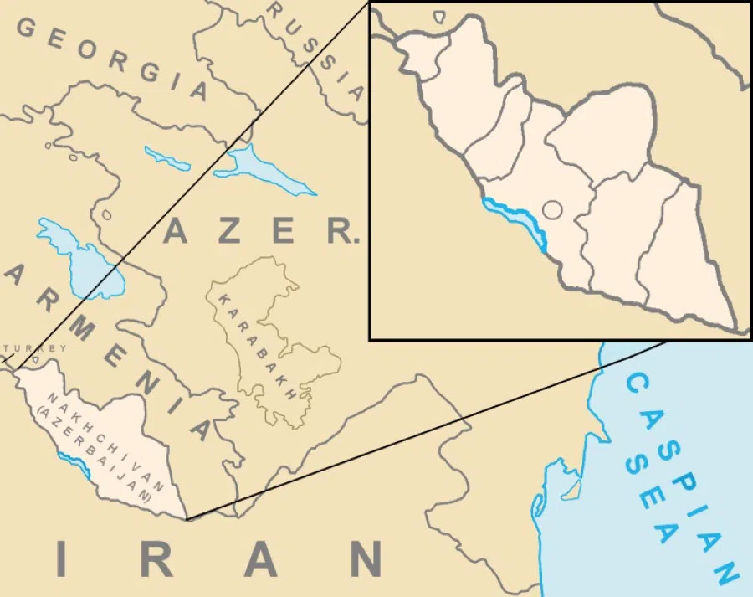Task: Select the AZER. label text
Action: pos(259,230)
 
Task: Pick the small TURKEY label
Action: pos(33,348)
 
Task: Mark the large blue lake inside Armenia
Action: pos(79,255)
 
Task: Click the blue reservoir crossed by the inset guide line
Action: pos(259,172)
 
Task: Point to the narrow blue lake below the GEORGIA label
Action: pos(167,158)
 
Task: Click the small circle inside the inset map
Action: pos(552,210)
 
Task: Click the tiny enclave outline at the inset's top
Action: pos(439,15)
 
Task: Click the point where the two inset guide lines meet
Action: pos(187,520)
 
